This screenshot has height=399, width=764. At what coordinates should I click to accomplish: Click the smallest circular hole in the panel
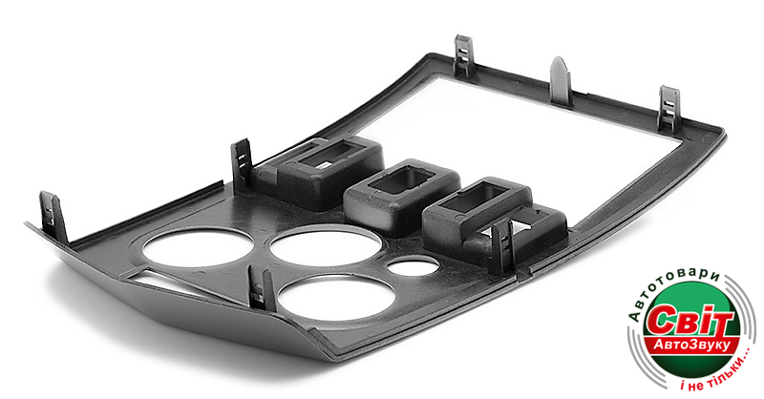413,265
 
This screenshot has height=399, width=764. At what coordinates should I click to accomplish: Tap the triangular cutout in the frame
160,281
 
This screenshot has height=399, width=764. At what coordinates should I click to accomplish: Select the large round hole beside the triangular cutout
198,248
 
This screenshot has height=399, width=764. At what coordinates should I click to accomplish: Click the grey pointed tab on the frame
561,82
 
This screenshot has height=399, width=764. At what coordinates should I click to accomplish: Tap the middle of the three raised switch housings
402,195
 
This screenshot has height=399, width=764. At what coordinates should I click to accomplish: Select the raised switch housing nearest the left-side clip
318,171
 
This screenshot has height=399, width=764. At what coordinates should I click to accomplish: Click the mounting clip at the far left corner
53,217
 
